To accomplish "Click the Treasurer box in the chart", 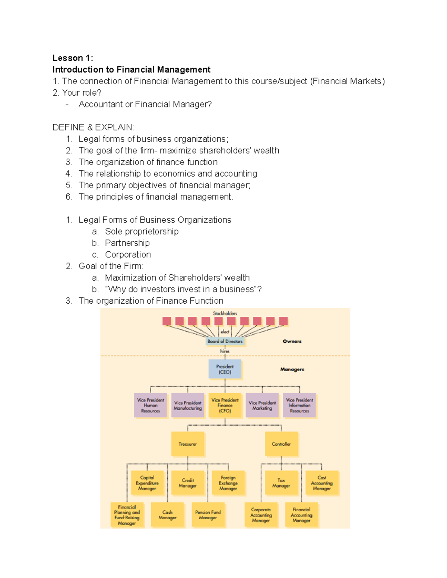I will (187, 444).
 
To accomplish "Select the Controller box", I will (281, 444).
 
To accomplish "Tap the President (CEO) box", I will (225, 369).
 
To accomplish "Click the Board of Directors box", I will (225, 341).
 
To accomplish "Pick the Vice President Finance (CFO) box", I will (225, 405).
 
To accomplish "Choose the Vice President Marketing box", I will (262, 405).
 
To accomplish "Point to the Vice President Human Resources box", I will (150, 405).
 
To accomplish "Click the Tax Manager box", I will (281, 483).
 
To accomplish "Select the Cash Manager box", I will (167, 515).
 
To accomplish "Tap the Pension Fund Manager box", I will (208, 515).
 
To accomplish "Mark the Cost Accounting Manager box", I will (322, 483).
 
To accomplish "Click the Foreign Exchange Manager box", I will (228, 483).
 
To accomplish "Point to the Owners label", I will (292, 341).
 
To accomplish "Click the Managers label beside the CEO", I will (292, 369).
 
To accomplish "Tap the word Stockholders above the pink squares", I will (225, 313).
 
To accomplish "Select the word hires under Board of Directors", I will (225, 351).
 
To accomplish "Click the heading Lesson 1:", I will (73, 58).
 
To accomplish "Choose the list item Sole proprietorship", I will (142, 231).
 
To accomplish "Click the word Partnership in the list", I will (127, 243).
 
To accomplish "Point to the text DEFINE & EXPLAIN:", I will (93, 127).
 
